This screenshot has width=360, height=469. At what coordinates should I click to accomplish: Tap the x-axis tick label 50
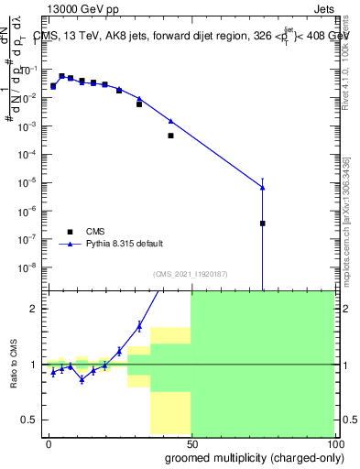191,442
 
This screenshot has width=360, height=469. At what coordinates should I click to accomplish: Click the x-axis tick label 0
49,442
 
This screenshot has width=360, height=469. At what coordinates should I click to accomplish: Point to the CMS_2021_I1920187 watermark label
191,274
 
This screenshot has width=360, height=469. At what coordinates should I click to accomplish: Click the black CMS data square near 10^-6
263,223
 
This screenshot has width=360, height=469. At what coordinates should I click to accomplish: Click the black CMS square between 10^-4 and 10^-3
170,136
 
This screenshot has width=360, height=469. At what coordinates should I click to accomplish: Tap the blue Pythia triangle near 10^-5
263,187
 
